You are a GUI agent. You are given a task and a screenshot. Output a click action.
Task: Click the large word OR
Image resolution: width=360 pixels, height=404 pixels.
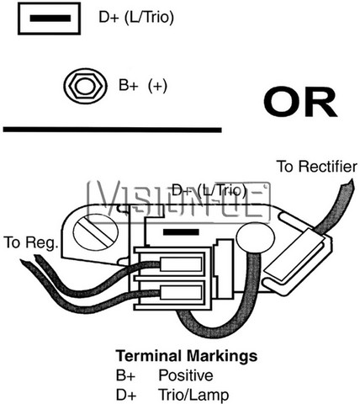click(300, 102)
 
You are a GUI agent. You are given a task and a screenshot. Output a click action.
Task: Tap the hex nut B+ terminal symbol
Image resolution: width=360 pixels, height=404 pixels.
click(85, 86)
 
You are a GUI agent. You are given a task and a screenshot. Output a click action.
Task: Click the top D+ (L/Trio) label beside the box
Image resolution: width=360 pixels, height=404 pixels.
click(136, 18)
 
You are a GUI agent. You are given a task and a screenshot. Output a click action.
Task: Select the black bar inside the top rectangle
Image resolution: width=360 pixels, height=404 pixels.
click(50, 19)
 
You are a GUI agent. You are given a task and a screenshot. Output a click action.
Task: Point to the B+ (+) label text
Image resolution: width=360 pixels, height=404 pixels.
click(143, 85)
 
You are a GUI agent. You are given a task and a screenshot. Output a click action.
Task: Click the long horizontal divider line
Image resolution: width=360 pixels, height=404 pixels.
click(113, 130)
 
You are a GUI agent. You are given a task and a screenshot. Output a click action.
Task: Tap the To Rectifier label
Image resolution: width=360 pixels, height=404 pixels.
click(317, 167)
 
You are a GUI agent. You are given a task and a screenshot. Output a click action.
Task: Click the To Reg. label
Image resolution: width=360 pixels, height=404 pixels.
click(31, 242)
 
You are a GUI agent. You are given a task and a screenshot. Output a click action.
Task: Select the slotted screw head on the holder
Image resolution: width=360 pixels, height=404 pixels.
click(96, 231)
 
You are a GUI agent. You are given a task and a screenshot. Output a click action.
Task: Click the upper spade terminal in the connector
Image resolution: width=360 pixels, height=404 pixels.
click(181, 264)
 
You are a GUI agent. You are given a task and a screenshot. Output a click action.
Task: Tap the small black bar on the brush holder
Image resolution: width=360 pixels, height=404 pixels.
click(181, 232)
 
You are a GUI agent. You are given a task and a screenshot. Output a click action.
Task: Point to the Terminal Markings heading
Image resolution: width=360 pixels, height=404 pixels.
click(187, 356)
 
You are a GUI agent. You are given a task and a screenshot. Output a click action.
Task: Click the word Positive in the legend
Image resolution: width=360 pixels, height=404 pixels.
click(186, 375)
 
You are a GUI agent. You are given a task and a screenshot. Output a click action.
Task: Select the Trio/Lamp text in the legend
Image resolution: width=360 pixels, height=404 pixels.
click(193, 395)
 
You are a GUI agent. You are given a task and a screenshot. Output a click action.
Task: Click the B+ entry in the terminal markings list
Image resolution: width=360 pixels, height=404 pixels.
click(125, 375)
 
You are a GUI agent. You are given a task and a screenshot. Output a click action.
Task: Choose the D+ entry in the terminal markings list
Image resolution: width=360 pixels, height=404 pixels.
click(126, 395)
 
